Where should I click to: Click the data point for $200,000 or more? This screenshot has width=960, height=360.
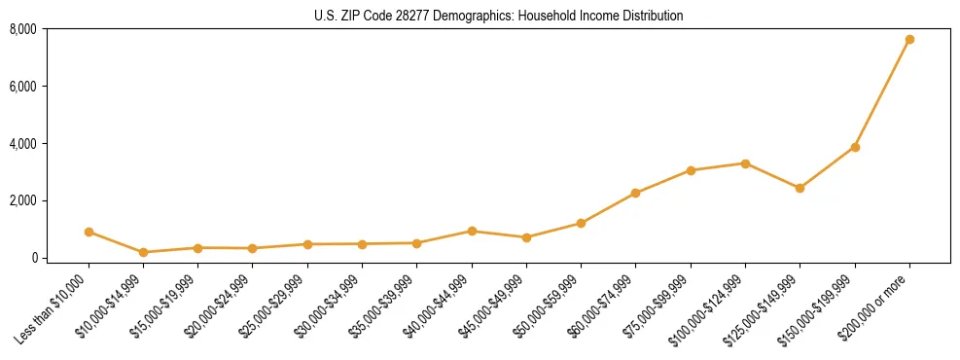(909, 40)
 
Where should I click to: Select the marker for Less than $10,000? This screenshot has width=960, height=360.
(89, 232)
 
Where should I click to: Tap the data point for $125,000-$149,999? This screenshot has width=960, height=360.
(800, 188)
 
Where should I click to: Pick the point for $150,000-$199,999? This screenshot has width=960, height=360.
(855, 147)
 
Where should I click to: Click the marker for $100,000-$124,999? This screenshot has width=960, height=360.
(745, 163)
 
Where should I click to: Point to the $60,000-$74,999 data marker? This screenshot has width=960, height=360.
(635, 193)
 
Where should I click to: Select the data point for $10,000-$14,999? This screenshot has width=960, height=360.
(143, 252)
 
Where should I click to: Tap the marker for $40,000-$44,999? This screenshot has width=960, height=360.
(472, 231)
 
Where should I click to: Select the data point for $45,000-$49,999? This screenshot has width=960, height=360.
(526, 237)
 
